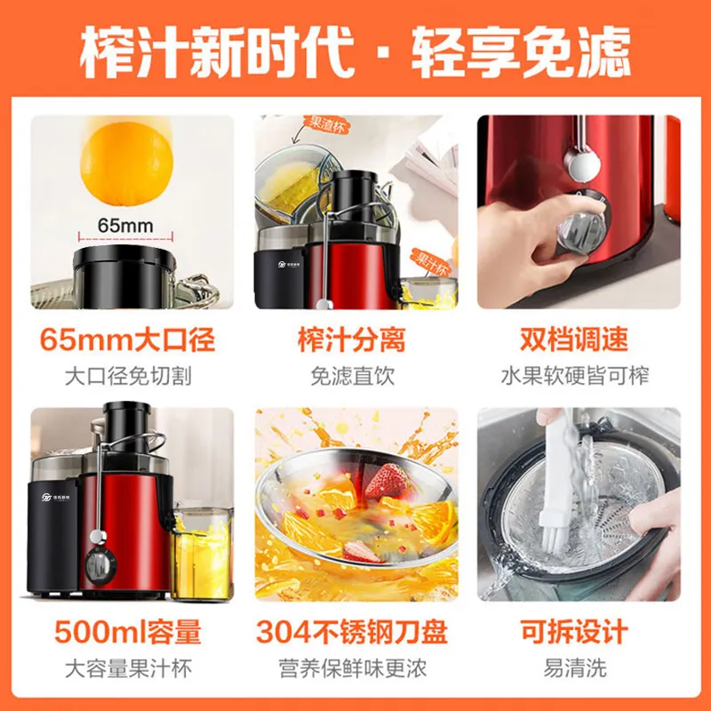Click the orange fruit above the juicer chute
126,164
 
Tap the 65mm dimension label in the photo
125,226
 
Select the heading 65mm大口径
127,340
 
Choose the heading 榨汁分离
351,340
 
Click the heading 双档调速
574,340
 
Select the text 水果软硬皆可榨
575,376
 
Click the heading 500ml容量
127,632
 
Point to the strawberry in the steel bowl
387,481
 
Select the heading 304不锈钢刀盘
352,632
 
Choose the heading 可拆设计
574,632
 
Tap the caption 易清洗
575,668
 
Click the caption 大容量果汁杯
128,668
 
